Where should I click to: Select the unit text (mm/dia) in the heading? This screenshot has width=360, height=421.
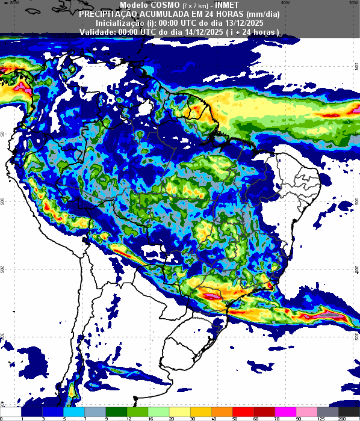261,14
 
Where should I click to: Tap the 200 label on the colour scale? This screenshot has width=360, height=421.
341,418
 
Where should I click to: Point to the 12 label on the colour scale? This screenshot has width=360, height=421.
128,418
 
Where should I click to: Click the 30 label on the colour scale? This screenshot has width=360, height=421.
193,418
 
